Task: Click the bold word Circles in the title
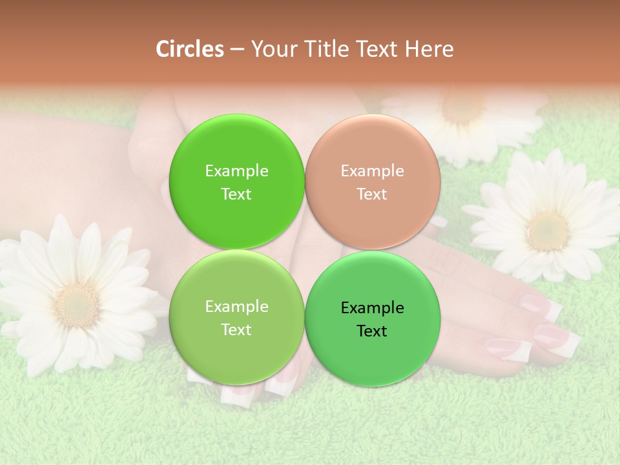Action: point(190,49)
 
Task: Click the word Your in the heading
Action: point(273,49)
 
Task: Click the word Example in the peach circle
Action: point(373,171)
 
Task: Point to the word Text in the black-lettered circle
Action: point(372,331)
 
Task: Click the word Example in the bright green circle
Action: point(236,171)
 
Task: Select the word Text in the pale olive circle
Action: point(236,330)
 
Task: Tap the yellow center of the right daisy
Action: point(548,231)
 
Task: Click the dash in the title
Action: point(237,50)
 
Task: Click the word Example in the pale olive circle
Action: point(236,307)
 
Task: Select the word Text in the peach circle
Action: point(372,194)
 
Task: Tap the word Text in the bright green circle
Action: point(236,194)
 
